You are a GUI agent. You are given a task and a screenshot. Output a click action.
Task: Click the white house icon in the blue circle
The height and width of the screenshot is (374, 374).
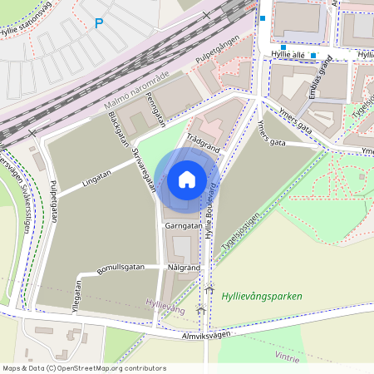click(187, 179)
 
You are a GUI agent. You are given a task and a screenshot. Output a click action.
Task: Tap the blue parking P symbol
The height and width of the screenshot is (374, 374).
click(99, 24)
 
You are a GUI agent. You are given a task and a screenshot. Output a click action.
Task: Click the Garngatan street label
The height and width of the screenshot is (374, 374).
click(182, 225)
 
